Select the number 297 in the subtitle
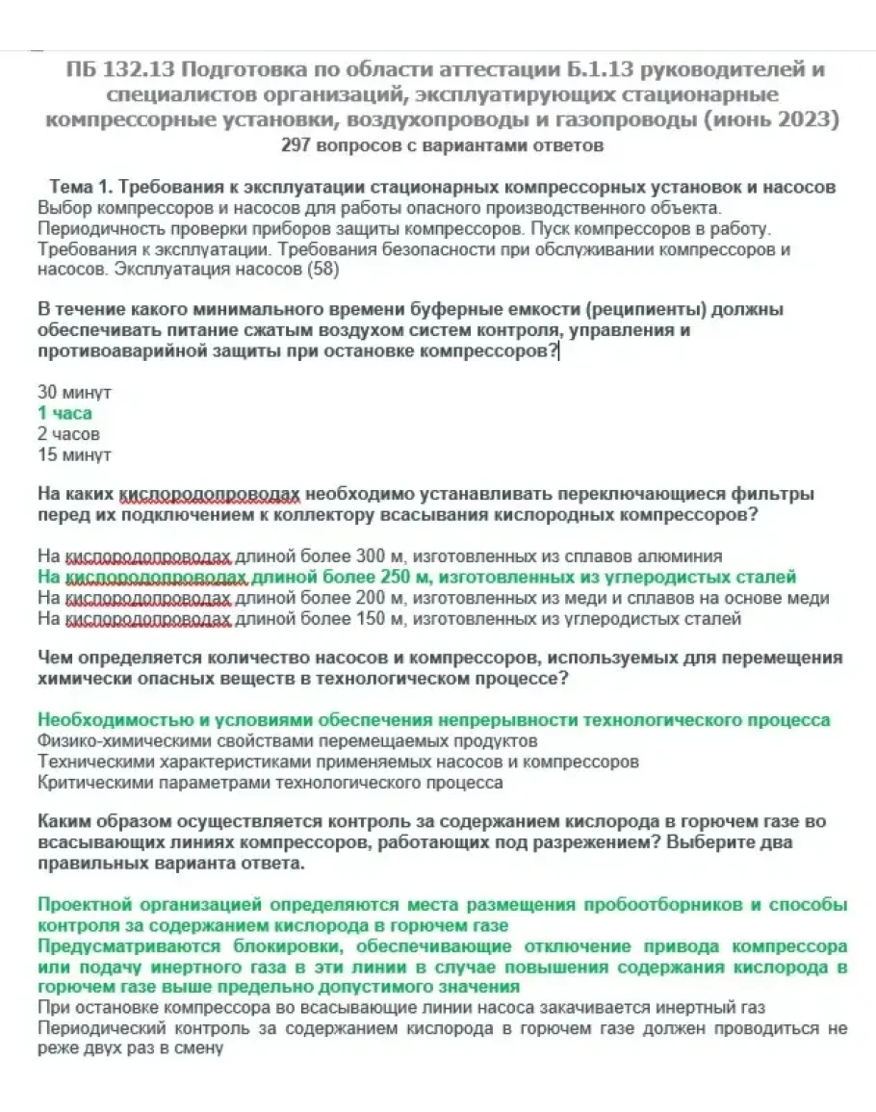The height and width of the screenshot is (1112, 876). click(295, 146)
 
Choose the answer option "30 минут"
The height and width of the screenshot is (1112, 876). click(74, 393)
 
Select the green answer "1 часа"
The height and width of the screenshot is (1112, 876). click(64, 413)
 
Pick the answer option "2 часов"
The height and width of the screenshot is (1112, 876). click(68, 434)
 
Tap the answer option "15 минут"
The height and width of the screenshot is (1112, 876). click(74, 454)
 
